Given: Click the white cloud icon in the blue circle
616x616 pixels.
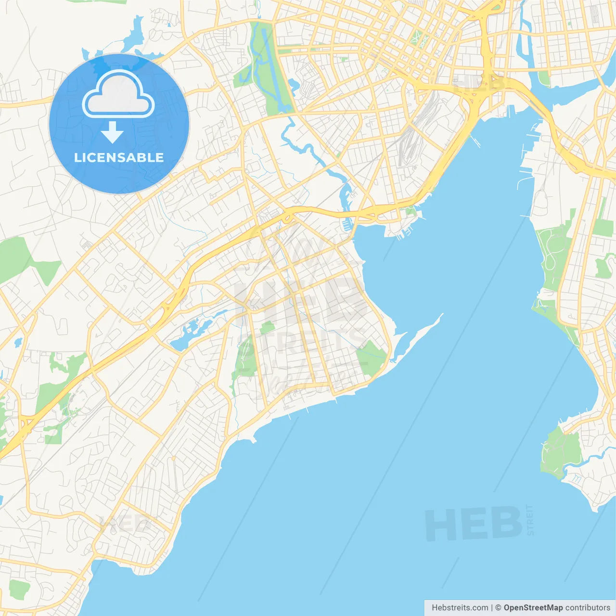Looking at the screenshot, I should [x=118, y=94].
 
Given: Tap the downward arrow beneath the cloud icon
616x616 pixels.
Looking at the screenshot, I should [x=112, y=132].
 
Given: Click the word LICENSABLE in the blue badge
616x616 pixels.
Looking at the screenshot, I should [x=119, y=157].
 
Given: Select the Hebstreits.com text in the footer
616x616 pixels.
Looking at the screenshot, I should [x=460, y=608].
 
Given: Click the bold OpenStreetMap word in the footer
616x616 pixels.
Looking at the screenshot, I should [x=533, y=608].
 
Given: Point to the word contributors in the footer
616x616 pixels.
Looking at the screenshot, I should [x=588, y=608].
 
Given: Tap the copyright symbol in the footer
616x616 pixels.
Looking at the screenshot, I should [x=498, y=608].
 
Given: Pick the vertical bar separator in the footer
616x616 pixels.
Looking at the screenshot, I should [x=491, y=608].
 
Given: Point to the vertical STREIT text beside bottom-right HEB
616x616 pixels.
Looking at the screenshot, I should [x=530, y=520].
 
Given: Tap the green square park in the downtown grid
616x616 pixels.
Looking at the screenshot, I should [x=417, y=38].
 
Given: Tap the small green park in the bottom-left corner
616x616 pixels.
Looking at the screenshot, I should [x=19, y=589].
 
